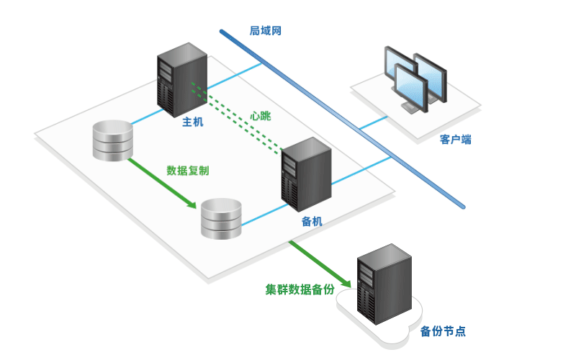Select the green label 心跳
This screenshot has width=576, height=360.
[x=261, y=114]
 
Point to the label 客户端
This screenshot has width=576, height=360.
[x=455, y=139]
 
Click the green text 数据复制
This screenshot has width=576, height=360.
[x=188, y=171]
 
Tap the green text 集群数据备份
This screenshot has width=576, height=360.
[x=300, y=289]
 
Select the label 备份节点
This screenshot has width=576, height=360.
[x=443, y=331]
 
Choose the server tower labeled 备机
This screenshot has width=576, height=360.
[x=306, y=173]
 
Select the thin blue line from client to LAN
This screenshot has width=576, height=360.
[x=374, y=122]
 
